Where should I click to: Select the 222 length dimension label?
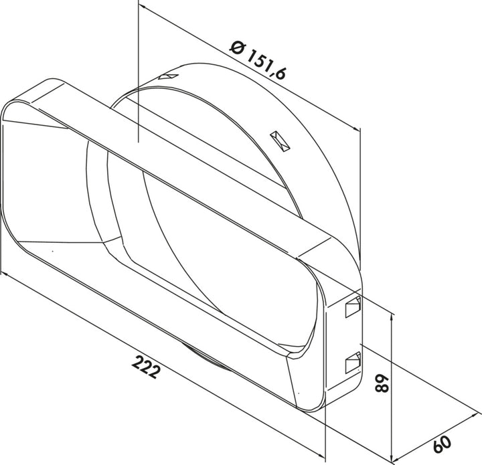point(147,367)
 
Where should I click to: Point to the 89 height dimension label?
point(382,383)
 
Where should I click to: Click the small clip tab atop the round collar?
point(169,76)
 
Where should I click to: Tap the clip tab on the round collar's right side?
point(280,141)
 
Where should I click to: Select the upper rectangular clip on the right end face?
point(353,306)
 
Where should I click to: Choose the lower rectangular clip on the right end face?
point(353,363)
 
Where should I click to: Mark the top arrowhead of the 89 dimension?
point(392,316)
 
